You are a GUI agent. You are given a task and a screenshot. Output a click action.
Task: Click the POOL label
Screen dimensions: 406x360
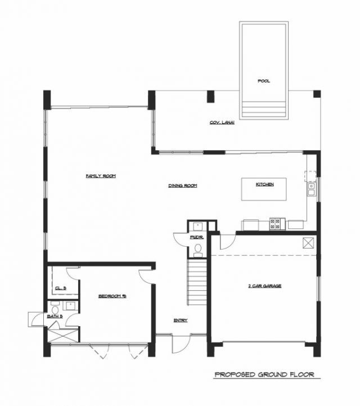[264, 81]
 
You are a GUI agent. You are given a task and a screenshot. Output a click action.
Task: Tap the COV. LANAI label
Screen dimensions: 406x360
[222, 122]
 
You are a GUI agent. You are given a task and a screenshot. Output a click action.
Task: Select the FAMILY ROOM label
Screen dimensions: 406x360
[101, 176]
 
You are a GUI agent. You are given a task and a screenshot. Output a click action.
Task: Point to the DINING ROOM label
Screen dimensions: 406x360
[183, 186]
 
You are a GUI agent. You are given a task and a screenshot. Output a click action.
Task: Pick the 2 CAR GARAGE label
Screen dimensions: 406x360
[264, 286]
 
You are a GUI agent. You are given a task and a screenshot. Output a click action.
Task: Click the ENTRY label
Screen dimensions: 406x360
[181, 321]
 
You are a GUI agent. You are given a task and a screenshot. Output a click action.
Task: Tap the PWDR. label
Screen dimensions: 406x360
[197, 238]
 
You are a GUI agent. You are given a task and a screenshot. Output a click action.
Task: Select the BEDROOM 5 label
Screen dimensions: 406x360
[112, 295]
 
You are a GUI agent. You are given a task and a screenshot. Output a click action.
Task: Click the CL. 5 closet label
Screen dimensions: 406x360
[61, 288]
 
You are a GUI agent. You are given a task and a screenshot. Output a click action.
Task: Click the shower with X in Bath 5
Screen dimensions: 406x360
[62, 333]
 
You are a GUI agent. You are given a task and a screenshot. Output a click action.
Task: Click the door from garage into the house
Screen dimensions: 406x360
[225, 242]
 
